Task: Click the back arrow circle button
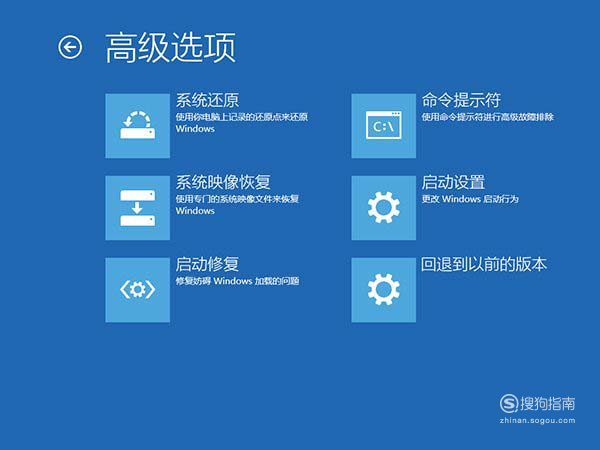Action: pyautogui.click(x=70, y=47)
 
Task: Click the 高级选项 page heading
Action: pyautogui.click(x=170, y=47)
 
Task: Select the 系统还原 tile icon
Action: pyautogui.click(x=138, y=126)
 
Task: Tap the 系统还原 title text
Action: pyautogui.click(x=207, y=100)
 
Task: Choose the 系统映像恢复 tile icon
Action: pyautogui.click(x=138, y=208)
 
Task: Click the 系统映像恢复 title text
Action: pyautogui.click(x=223, y=182)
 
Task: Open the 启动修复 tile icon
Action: pyautogui.click(x=138, y=290)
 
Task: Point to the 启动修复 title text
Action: pyautogui.click(x=207, y=264)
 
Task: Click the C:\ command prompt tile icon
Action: pyautogui.click(x=384, y=126)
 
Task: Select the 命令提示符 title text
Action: pyautogui.click(x=461, y=100)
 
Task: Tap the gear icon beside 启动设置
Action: pyautogui.click(x=384, y=208)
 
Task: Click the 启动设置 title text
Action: pyautogui.click(x=453, y=182)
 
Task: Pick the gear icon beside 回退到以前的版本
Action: pyautogui.click(x=384, y=290)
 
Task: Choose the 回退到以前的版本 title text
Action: pyautogui.click(x=484, y=264)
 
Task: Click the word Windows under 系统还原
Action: pyautogui.click(x=195, y=129)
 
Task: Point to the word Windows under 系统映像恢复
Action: pyautogui.click(x=195, y=211)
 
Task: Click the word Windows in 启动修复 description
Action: pyautogui.click(x=233, y=281)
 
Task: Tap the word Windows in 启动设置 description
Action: pyautogui.click(x=461, y=199)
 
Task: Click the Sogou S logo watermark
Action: pyautogui.click(x=509, y=403)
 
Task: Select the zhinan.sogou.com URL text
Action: pyautogui.click(x=537, y=421)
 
